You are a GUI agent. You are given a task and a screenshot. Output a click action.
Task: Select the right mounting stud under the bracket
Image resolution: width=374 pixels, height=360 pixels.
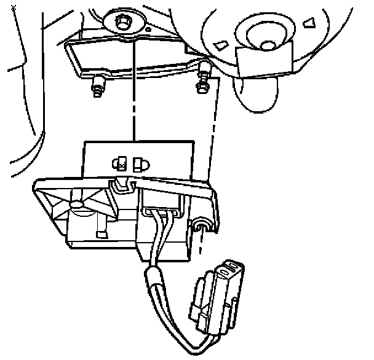(x=202, y=85)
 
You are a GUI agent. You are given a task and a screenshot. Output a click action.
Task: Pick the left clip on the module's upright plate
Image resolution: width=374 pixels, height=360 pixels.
(x=119, y=163)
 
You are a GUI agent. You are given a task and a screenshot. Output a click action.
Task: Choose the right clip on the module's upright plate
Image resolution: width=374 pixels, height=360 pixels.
(x=140, y=163)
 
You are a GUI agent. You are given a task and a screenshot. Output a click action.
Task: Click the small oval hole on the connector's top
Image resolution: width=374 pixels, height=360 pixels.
(x=231, y=268)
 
